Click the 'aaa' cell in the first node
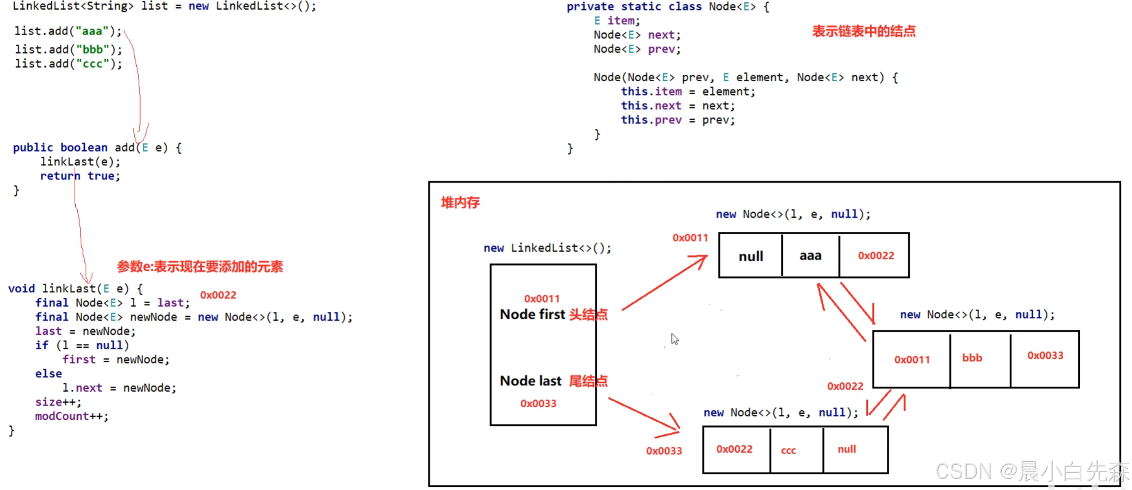pos(810,255)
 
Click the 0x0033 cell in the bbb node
pos(1045,355)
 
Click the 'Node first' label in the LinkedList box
pos(532,315)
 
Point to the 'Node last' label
pos(530,381)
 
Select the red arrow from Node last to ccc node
pos(644,416)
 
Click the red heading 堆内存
pos(460,202)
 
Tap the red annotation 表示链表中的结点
pos(864,31)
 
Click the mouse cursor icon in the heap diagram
pos(675,339)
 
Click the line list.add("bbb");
pos(68,49)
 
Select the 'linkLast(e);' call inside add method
pos(80,162)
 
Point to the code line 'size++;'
pos(58,402)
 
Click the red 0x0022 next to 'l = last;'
pos(218,295)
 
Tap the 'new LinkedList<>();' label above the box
pos(547,248)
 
